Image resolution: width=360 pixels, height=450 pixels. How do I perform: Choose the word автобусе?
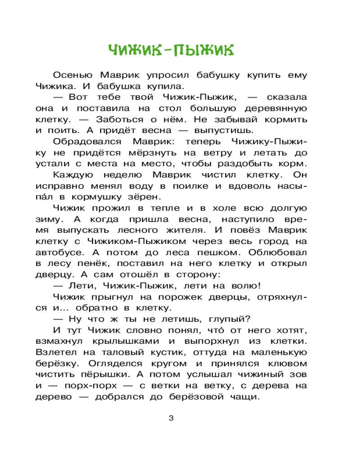pyautogui.click(x=56, y=252)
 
